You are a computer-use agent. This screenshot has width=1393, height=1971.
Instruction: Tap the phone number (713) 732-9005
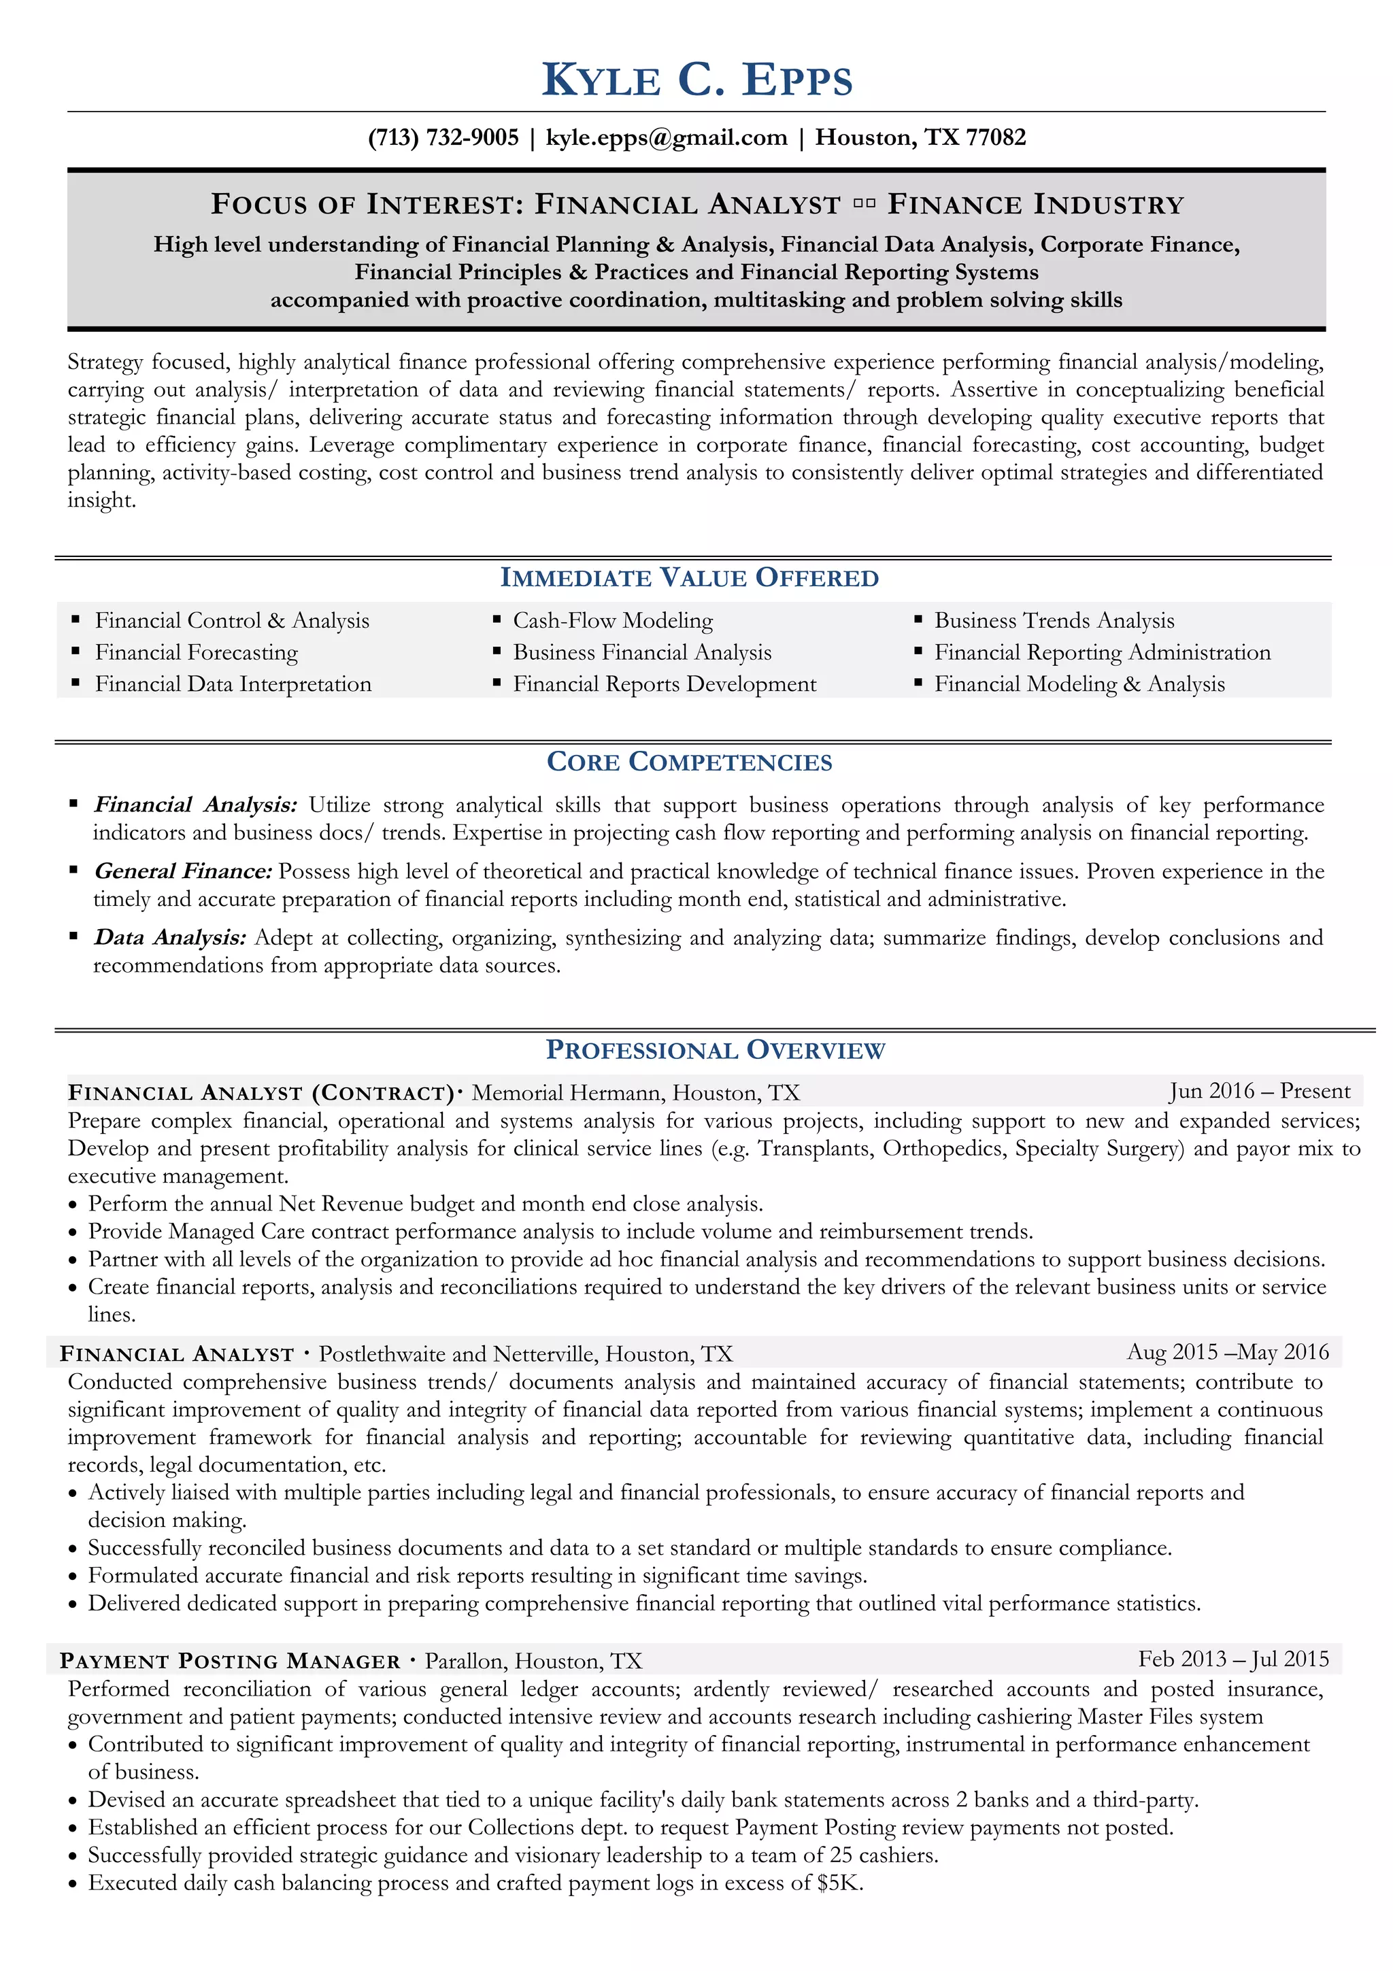coord(443,137)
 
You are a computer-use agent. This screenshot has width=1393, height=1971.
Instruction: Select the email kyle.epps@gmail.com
coord(666,137)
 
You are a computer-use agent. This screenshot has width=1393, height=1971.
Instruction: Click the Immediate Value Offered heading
coord(689,577)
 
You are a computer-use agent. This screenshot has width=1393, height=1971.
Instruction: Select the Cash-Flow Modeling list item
coord(613,621)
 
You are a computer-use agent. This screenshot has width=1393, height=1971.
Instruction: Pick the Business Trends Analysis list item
coord(1054,621)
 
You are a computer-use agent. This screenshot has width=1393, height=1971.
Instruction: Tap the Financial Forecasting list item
coord(197,652)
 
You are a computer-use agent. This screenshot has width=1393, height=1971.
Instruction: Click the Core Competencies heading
coord(689,762)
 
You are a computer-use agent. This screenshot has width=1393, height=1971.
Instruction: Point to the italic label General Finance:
coord(183,871)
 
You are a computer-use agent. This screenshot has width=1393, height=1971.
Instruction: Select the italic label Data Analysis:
coord(170,937)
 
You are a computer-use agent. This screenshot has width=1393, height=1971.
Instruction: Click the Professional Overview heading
coord(714,1050)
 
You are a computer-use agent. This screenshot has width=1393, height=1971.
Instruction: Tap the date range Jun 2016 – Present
coord(1259,1091)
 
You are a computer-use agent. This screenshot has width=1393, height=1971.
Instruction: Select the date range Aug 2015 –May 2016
coord(1227,1352)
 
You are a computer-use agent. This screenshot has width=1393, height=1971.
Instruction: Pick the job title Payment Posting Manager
coord(230,1661)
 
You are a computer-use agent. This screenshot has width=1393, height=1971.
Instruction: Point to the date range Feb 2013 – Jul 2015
coord(1233,1659)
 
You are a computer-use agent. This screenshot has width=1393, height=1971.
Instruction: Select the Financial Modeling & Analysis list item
coord(1079,684)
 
